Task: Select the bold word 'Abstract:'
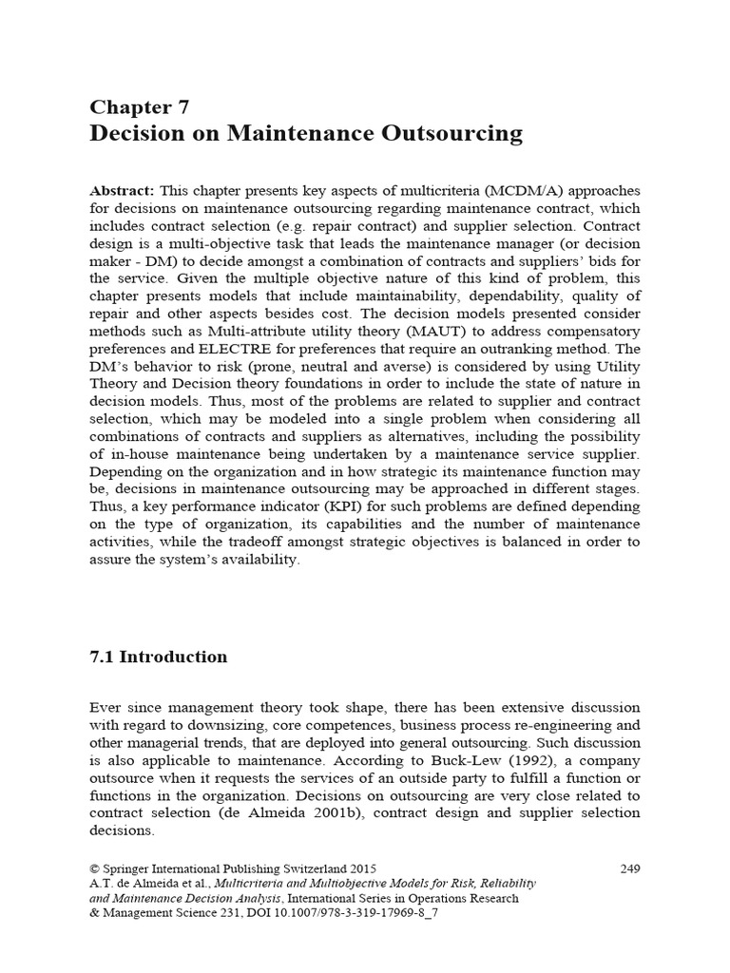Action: pos(125,189)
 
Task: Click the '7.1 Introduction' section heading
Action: pos(159,658)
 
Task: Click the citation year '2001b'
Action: pos(303,814)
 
